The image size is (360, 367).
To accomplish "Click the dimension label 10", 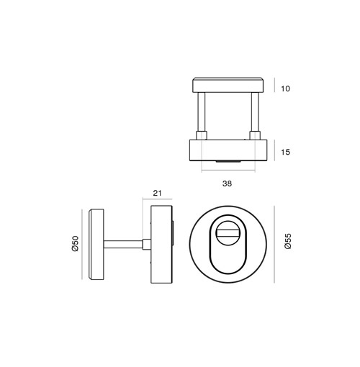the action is coord(285,89).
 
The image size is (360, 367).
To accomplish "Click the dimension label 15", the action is coord(285,152).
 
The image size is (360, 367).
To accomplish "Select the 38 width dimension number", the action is coord(227,183).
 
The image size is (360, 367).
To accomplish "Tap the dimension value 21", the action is coord(157,193).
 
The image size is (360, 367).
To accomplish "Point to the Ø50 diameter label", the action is coord(75,243).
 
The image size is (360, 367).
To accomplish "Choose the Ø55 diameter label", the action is coord(287,241).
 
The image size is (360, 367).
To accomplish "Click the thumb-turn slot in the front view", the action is coord(228,232).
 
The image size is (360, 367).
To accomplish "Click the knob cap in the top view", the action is coord(228,85).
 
